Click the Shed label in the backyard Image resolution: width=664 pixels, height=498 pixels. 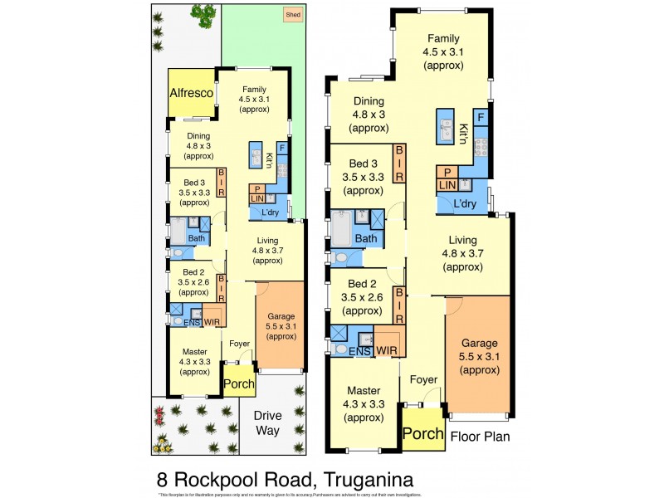292,15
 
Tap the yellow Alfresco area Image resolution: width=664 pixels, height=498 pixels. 192,94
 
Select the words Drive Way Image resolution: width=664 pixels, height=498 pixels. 267,422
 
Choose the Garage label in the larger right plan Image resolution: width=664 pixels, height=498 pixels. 480,343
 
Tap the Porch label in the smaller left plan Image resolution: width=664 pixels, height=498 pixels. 239,384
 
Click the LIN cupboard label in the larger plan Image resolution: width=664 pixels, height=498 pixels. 446,183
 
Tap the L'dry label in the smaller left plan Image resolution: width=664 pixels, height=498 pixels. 269,213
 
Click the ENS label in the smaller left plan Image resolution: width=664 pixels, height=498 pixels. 191,322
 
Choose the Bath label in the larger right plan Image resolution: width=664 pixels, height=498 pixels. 366,239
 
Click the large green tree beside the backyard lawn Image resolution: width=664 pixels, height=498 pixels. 203,12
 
